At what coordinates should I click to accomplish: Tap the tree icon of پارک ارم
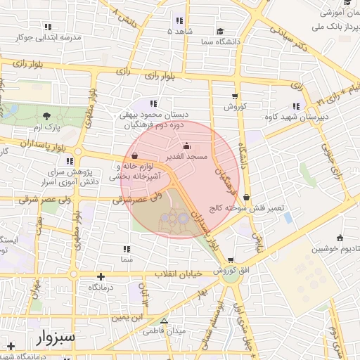point(47,116)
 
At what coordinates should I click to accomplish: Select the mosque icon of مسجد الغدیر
point(176,146)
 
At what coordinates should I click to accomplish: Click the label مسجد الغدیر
point(185,157)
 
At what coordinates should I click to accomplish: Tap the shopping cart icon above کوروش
point(234,96)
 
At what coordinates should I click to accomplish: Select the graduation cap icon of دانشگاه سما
point(220,32)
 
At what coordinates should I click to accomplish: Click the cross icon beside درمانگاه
point(101,276)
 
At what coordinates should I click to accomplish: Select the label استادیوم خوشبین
point(328,249)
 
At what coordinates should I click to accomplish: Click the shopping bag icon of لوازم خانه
point(134,155)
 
